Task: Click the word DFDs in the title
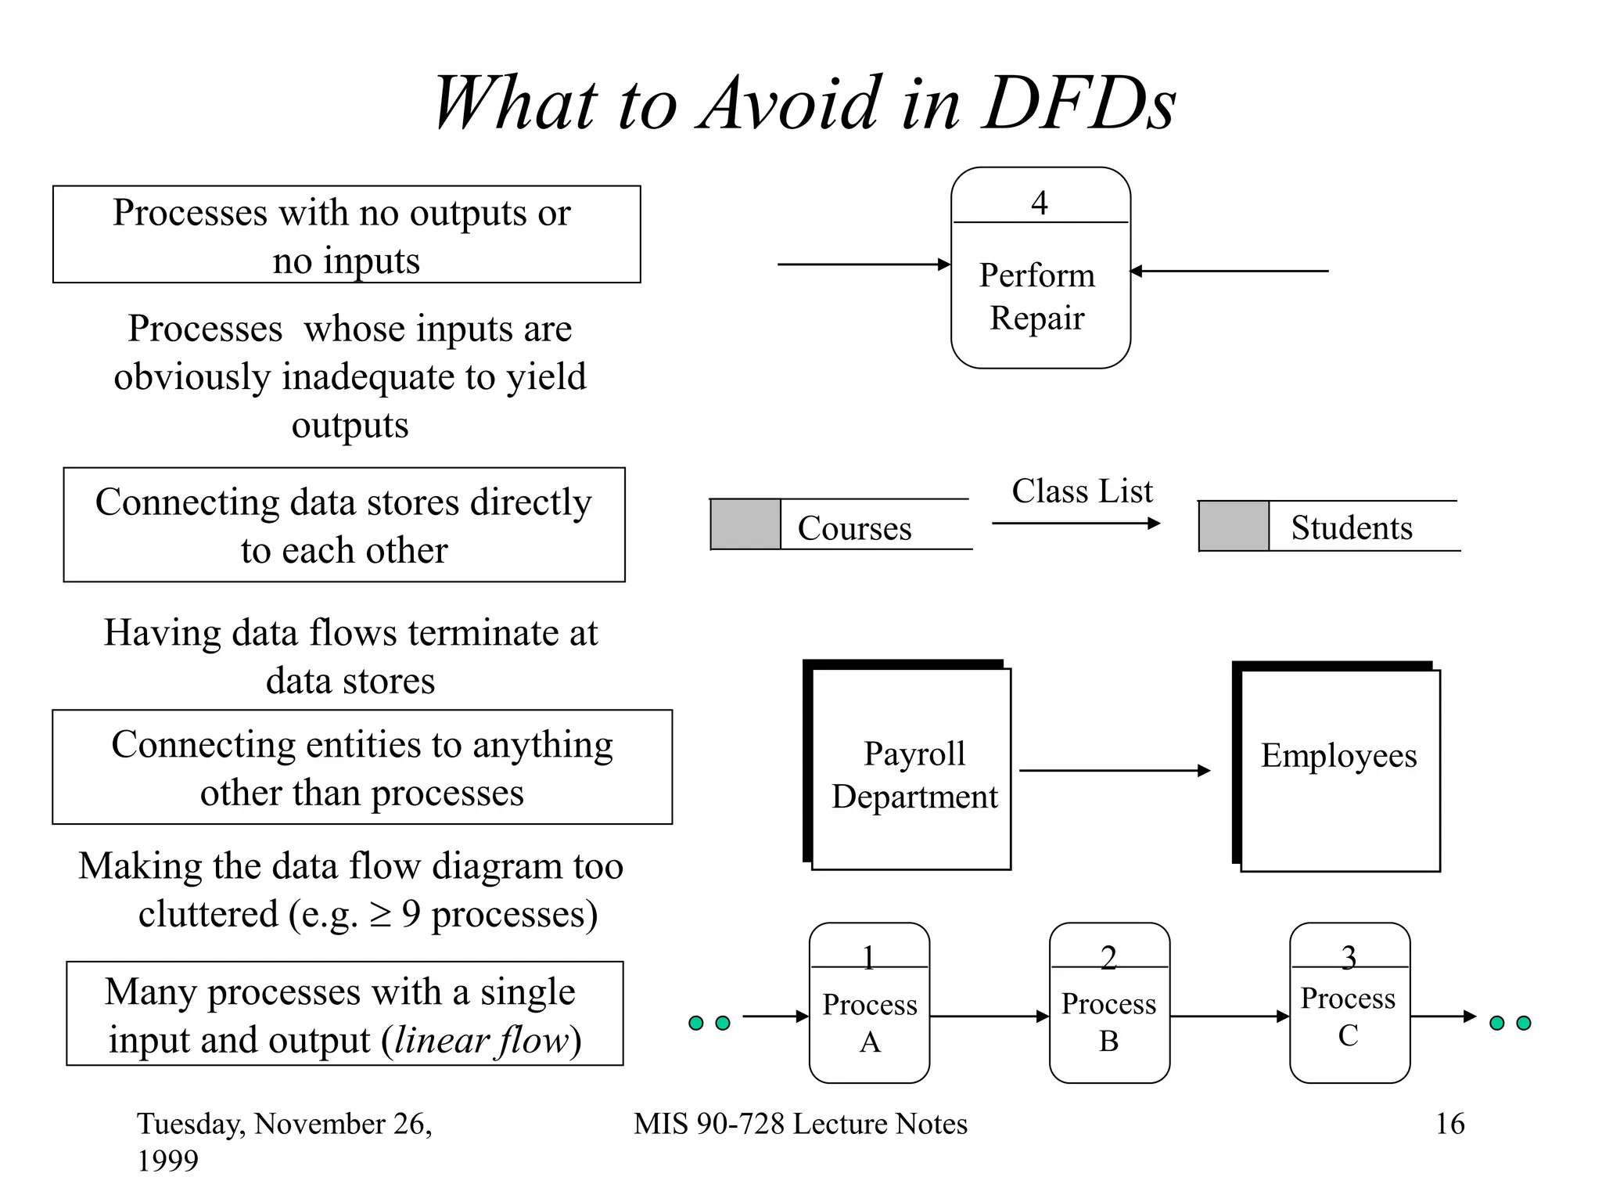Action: (x=1079, y=103)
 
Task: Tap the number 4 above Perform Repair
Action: (x=1039, y=203)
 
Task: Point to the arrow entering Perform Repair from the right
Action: (x=1229, y=271)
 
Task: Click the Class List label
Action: (x=1082, y=491)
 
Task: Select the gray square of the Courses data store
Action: (x=745, y=524)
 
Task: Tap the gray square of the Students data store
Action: (x=1234, y=526)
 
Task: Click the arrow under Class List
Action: (x=1076, y=523)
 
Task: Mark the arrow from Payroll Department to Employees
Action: (x=1114, y=771)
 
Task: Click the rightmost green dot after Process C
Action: (x=1524, y=1023)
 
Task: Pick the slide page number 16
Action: (x=1449, y=1124)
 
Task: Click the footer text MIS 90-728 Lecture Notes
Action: (x=800, y=1124)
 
